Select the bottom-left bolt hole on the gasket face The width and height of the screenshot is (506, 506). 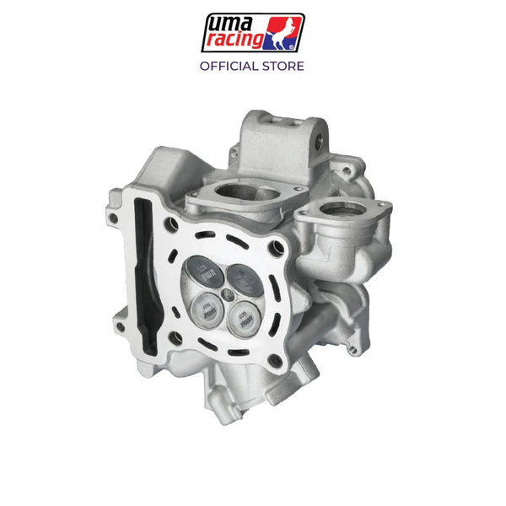point(176,337)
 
